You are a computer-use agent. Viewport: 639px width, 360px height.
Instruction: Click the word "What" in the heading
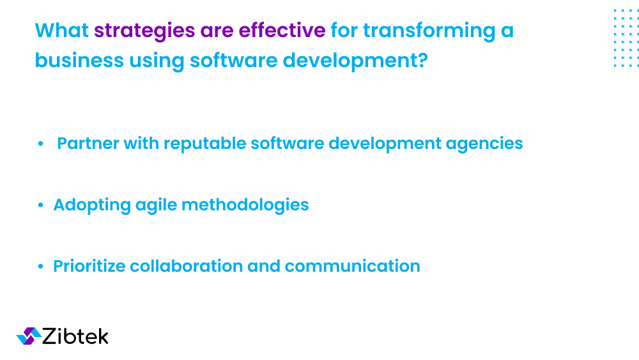[x=62, y=30]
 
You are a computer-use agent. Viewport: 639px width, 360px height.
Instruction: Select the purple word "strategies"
[x=144, y=30]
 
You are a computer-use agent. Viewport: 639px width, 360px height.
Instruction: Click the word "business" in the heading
[x=79, y=60]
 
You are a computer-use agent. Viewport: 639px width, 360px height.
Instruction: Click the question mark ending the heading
[x=422, y=60]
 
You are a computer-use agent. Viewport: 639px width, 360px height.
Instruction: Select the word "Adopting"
[x=92, y=205]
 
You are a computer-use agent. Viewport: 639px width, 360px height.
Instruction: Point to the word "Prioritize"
[x=89, y=266]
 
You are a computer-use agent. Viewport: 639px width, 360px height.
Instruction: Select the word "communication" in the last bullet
[x=353, y=266]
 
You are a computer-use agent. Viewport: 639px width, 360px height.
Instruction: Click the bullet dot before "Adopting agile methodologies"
[x=41, y=205]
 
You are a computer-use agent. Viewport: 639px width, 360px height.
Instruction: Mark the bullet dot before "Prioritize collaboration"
[x=41, y=267]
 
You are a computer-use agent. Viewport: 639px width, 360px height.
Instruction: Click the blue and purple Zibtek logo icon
[x=28, y=336]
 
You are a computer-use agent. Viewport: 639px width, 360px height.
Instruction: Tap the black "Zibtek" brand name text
[x=75, y=336]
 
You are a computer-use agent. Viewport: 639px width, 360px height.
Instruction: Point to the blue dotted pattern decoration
[x=626, y=38]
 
